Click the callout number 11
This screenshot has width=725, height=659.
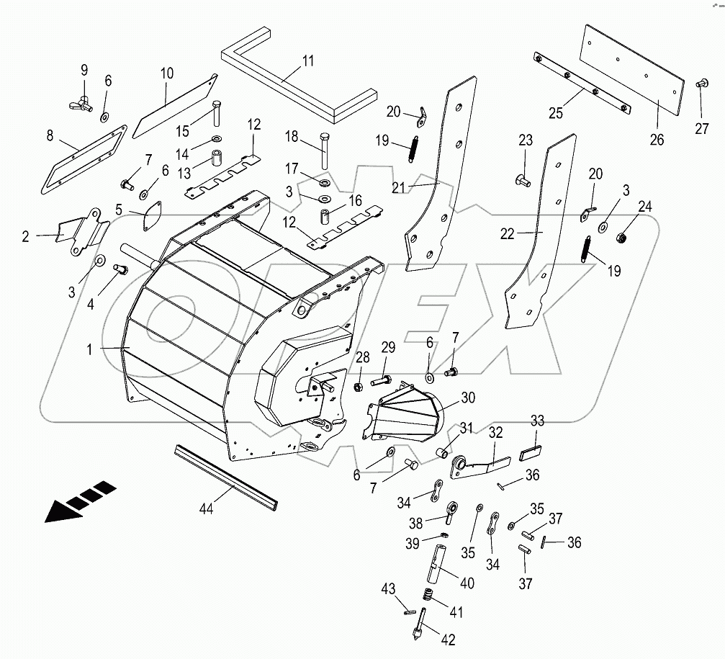(x=307, y=60)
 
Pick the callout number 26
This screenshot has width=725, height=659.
(x=657, y=140)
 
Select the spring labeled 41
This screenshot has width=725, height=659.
(x=427, y=595)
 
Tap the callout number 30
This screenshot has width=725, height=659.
(x=468, y=397)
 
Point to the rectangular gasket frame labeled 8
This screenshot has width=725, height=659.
(x=80, y=162)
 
